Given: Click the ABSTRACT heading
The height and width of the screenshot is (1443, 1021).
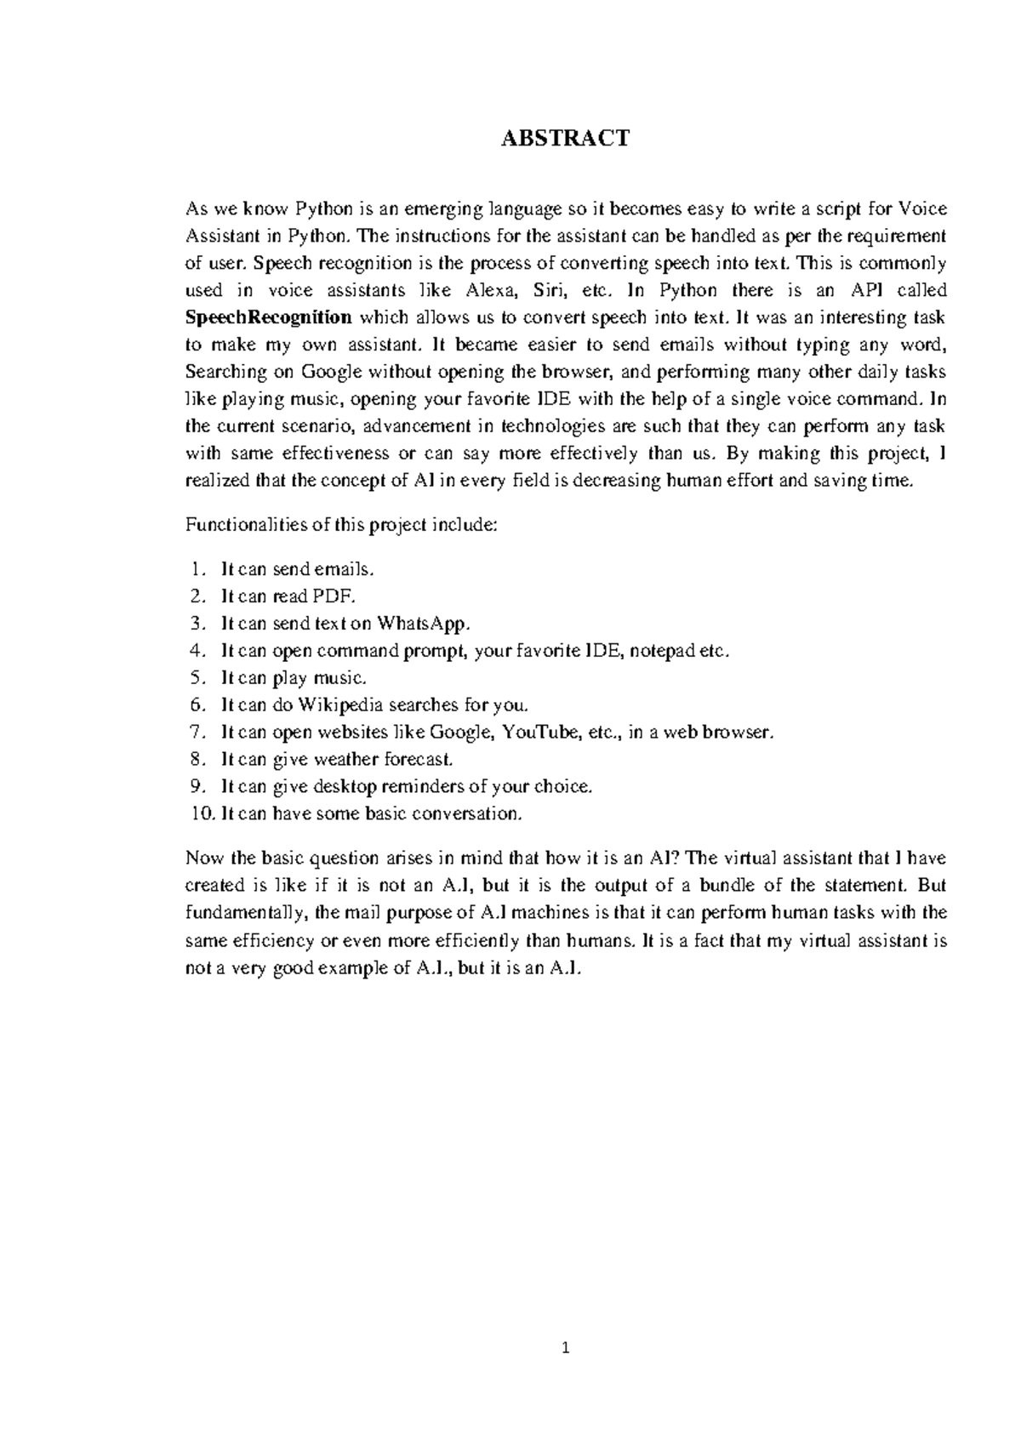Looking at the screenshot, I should [x=565, y=138].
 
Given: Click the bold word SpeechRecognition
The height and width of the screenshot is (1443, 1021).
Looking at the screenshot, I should [x=268, y=318].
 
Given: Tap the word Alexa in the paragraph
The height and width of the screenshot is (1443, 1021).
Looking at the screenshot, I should [x=492, y=291].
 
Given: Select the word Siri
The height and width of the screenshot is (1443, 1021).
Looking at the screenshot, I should [x=549, y=291].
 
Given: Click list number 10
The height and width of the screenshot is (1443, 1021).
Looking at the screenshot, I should [x=202, y=814].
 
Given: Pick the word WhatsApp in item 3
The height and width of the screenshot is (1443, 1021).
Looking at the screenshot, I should [x=423, y=624].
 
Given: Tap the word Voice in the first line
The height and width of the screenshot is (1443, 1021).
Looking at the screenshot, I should [x=923, y=209].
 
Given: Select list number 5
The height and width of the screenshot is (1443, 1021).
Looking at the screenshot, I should [x=197, y=678].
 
